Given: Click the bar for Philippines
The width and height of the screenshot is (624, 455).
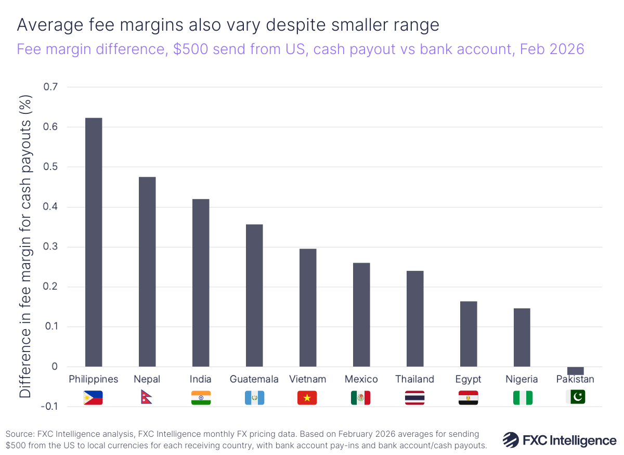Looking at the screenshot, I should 94,242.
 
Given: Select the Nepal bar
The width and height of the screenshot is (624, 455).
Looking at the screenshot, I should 147,271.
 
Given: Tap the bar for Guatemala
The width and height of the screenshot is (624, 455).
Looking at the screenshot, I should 254,295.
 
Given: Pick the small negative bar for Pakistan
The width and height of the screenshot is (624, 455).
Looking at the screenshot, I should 575,371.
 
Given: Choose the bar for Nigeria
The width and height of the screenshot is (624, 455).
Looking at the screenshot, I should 522,337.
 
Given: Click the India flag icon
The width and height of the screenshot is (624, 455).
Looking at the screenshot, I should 201,398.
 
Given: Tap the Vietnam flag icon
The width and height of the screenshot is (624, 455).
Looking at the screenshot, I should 307,398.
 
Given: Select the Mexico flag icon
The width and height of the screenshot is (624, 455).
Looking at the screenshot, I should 360,398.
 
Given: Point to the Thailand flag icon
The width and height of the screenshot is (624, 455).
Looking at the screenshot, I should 414,398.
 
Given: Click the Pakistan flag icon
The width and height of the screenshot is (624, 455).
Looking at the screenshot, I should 575,397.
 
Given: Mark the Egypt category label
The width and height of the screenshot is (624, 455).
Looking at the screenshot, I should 468,379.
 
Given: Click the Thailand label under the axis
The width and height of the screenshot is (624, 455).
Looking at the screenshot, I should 414,379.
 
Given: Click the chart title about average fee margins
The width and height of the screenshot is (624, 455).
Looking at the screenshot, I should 228,24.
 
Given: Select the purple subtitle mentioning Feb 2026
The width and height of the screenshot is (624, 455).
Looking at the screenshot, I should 301,49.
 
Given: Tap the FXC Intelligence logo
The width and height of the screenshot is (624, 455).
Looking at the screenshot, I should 559,440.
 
